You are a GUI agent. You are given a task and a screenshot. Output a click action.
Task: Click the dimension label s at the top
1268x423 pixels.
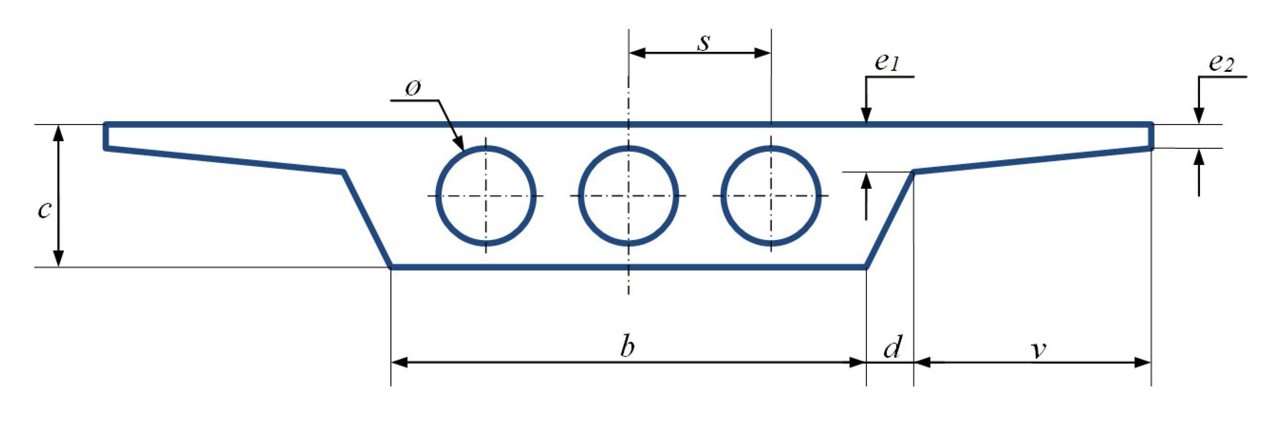(x=704, y=43)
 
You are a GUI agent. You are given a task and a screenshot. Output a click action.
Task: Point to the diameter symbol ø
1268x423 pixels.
(x=413, y=89)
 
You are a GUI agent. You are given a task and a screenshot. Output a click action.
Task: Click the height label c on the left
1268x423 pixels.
(x=44, y=209)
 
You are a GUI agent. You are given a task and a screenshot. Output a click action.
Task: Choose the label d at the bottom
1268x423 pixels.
(x=892, y=347)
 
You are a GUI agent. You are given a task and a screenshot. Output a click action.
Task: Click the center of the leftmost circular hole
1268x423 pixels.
(x=486, y=196)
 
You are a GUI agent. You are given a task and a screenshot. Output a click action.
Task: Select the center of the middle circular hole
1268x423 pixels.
(x=629, y=196)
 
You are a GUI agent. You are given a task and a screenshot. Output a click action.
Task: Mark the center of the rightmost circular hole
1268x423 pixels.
(x=771, y=196)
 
